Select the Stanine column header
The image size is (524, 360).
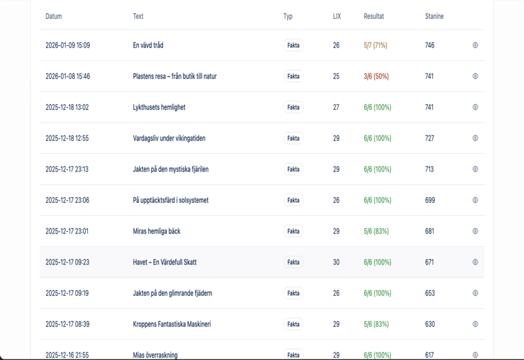[x=434, y=16]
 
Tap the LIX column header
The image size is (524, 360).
[x=337, y=16]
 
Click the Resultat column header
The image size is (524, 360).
[x=374, y=16]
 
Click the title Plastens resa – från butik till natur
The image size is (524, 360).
[x=174, y=77]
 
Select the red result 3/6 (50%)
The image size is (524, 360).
[x=376, y=77]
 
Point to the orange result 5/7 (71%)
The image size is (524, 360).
[x=375, y=46]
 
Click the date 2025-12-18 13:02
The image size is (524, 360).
[x=67, y=107]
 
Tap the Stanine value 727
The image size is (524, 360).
[x=430, y=138]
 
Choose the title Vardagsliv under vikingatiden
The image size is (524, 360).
[x=170, y=138]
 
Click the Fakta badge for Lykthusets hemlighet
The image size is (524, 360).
[x=293, y=107]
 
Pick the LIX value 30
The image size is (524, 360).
[x=336, y=262]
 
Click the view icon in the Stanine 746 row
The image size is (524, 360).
[x=476, y=46]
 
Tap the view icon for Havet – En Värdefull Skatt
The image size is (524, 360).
[x=476, y=262]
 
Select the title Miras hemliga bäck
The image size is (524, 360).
[x=157, y=231]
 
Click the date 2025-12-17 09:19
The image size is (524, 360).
[x=67, y=293]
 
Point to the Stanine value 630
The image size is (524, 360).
[x=430, y=324]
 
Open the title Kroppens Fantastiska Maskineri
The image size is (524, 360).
[x=172, y=324]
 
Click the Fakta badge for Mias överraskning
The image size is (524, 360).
[x=293, y=355]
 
